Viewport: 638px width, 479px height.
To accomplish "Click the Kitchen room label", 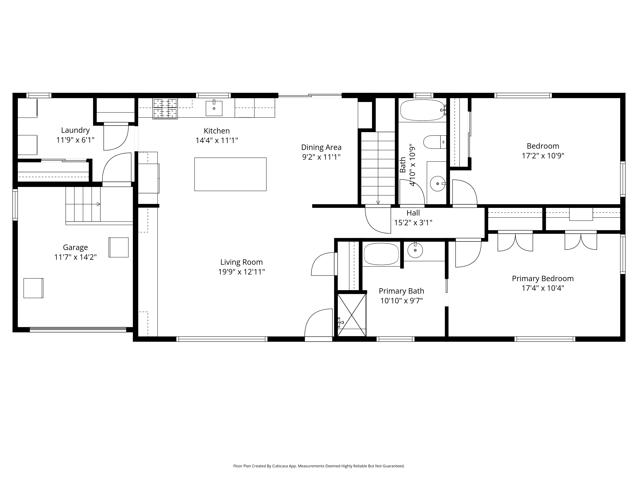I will click(x=217, y=131).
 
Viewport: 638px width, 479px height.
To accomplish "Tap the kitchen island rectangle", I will click(x=230, y=174).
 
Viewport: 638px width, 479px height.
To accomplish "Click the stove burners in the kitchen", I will click(x=165, y=108).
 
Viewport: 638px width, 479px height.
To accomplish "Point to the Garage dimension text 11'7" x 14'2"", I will click(x=75, y=257).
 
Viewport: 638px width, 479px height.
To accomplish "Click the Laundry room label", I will click(x=75, y=130).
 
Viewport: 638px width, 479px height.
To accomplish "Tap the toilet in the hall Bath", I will click(x=434, y=142).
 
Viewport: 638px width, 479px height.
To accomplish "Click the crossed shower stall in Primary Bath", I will click(x=352, y=315).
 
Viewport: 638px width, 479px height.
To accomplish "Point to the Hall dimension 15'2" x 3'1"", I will click(x=413, y=223).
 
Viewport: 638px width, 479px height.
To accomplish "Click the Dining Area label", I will click(x=321, y=147).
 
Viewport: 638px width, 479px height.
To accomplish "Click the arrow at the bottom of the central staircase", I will click(x=378, y=202).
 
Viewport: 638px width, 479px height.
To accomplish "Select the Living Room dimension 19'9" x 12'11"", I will click(x=241, y=272).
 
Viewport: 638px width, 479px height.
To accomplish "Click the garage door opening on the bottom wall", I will click(x=78, y=329).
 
